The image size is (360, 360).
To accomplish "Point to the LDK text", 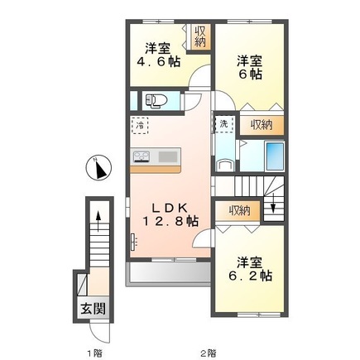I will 168,207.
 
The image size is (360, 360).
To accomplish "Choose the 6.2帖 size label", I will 250,276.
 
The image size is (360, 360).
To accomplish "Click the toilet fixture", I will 156,101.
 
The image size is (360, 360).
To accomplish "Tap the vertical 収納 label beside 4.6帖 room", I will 200,37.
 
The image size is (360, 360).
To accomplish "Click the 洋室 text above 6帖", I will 250,60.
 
